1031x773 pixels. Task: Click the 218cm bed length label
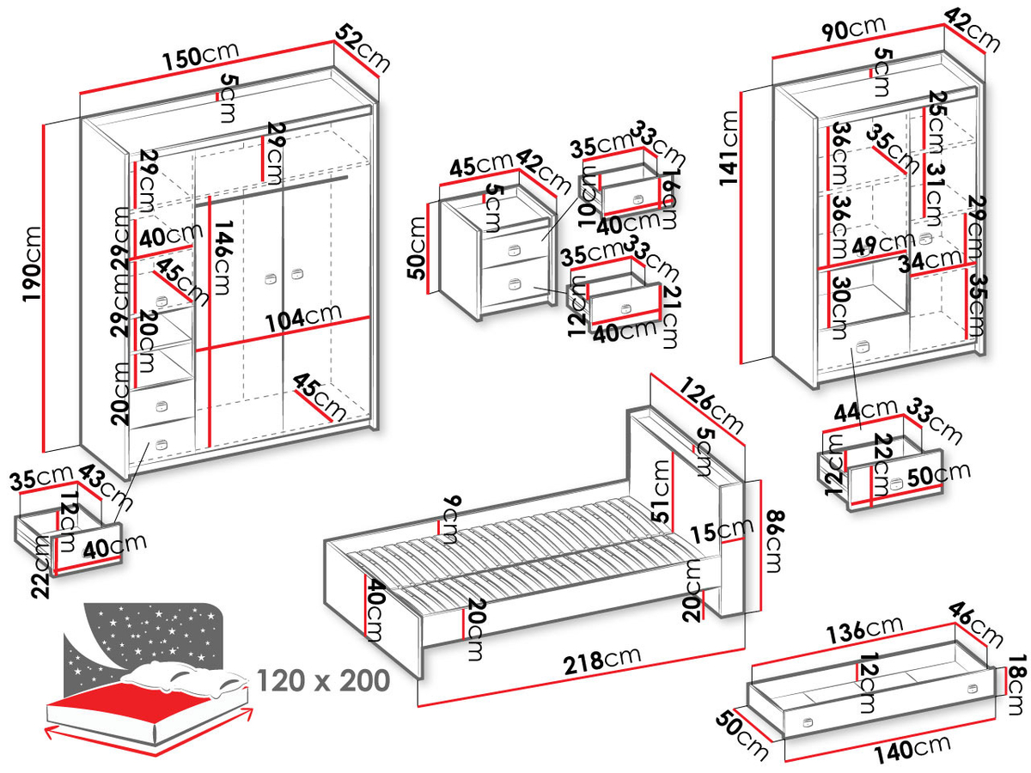[602, 660]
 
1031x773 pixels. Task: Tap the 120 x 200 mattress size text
[323, 681]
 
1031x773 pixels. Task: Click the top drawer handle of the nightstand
[514, 251]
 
